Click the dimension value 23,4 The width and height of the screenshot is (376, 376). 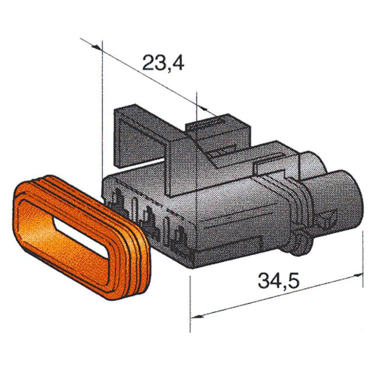click(x=164, y=62)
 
